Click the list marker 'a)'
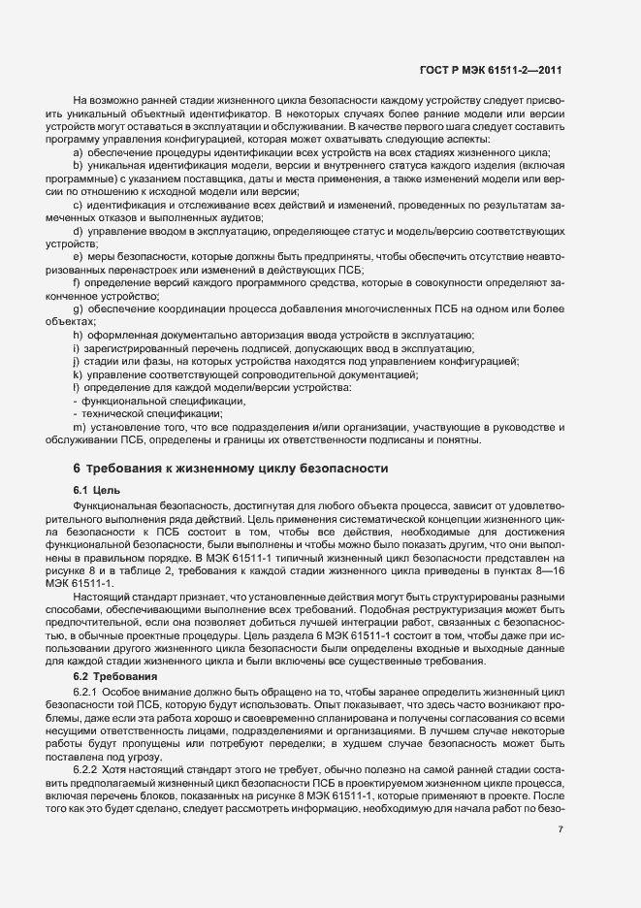tap(78, 154)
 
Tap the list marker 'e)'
tap(78, 257)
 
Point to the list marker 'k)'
tap(78, 373)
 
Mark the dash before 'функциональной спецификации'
tap(76, 400)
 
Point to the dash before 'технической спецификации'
tap(76, 413)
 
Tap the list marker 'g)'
tap(78, 308)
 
